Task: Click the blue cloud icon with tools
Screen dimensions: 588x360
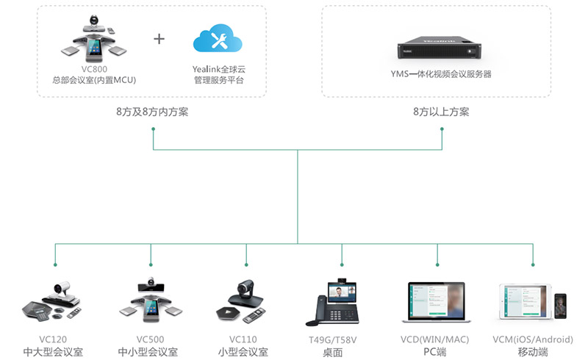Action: click(x=218, y=38)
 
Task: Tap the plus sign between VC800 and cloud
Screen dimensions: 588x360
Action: click(x=159, y=39)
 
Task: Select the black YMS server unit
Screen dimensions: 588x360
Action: click(x=439, y=48)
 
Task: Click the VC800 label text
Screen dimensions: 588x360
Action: click(x=94, y=69)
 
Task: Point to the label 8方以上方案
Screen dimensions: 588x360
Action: click(x=441, y=112)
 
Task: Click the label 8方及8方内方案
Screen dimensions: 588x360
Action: click(x=152, y=112)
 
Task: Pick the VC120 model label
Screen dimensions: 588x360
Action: click(x=53, y=339)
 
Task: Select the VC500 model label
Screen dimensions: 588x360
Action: click(x=150, y=339)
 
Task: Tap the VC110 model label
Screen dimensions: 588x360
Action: click(x=243, y=339)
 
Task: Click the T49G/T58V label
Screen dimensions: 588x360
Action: click(x=333, y=340)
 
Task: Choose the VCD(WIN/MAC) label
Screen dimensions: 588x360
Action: click(x=434, y=339)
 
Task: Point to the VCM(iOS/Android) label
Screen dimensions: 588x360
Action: click(x=533, y=339)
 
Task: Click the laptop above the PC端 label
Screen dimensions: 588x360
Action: click(x=437, y=302)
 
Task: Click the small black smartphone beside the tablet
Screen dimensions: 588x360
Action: click(x=560, y=306)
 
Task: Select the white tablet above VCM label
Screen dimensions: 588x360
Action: click(x=526, y=301)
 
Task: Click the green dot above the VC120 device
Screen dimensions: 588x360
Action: click(x=55, y=264)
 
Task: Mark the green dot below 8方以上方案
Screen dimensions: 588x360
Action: click(x=442, y=129)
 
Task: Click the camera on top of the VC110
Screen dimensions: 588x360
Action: click(x=245, y=288)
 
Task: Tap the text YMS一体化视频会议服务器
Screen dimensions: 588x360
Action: click(x=441, y=74)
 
